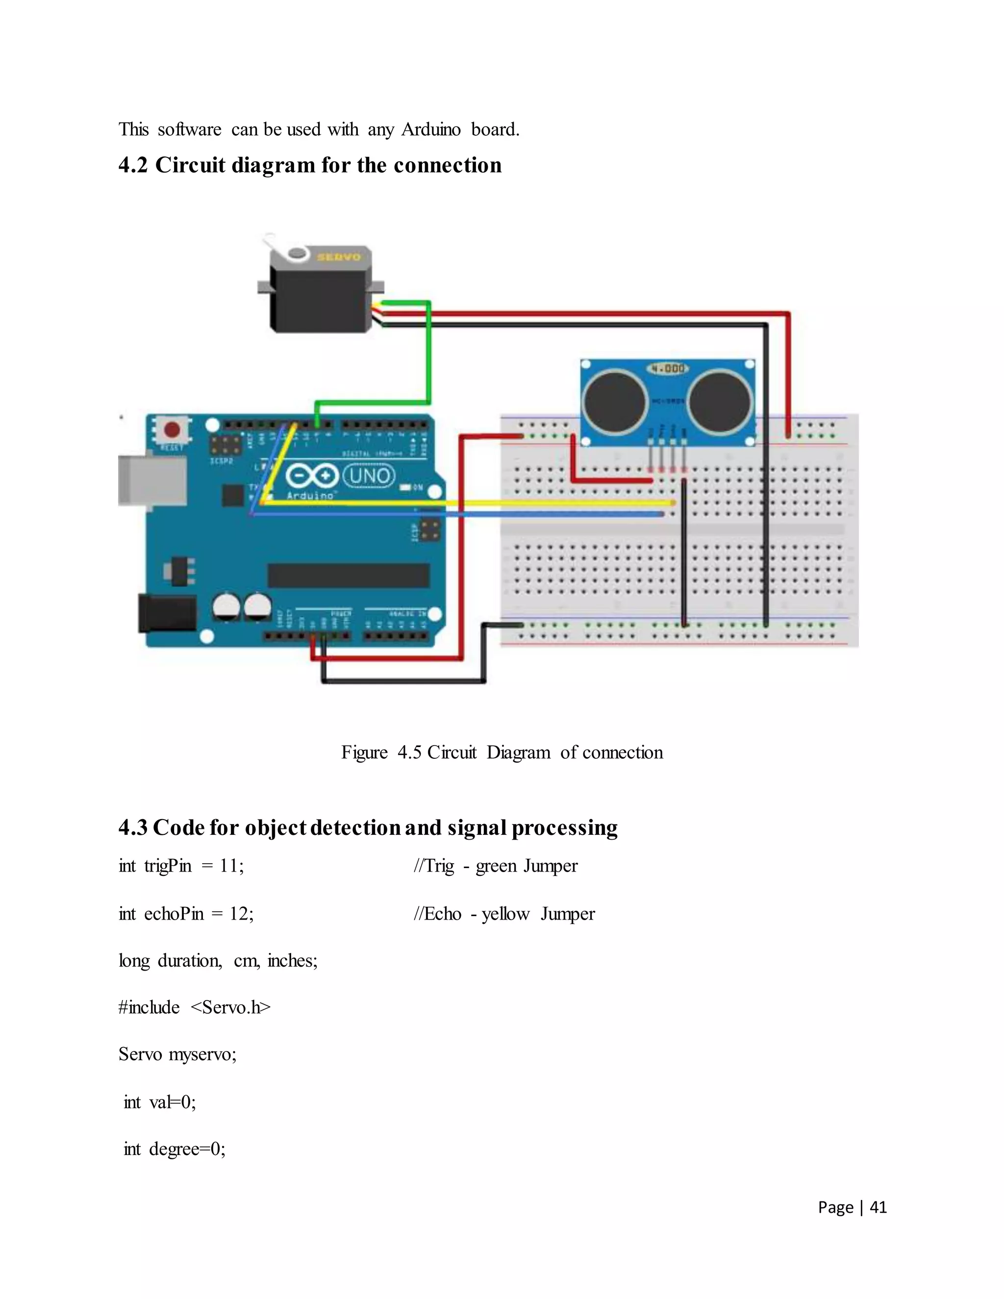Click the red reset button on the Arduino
tap(173, 429)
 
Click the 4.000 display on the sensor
tap(668, 369)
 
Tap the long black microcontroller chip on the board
tap(349, 575)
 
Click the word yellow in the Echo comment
tap(505, 914)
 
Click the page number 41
tap(878, 1207)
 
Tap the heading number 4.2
tap(133, 165)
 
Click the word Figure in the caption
tap(364, 752)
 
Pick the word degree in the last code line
tap(173, 1149)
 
